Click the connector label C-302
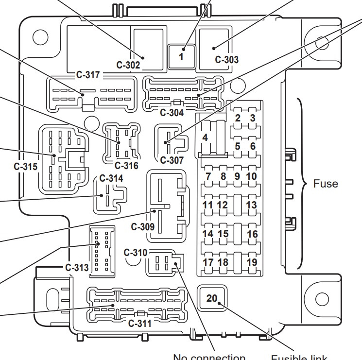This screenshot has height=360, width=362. pos(128,64)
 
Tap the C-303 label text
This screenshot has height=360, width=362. pos(227,60)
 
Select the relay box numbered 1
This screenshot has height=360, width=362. pos(182,56)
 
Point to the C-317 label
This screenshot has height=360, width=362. pos(88,75)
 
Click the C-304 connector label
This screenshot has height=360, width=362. pos(172,113)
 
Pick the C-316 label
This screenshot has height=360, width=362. pos(126,166)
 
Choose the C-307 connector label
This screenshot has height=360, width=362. pos(172,160)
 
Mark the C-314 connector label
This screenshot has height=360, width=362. pos(111,178)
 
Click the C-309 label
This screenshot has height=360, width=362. pos(143,226)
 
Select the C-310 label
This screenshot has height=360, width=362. pos(135,253)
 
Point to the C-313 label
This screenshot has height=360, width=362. pos(77,267)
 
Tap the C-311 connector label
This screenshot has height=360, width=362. pos(139,324)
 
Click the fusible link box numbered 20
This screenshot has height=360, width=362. pos(212,298)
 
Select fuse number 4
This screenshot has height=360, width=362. pos(205,138)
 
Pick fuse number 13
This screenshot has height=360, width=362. pos(251,205)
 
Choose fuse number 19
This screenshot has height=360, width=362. pos(252,262)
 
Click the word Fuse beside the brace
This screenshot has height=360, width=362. pos(326,184)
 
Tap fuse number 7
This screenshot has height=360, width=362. pos(208,176)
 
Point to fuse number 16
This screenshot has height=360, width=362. pos(252,234)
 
